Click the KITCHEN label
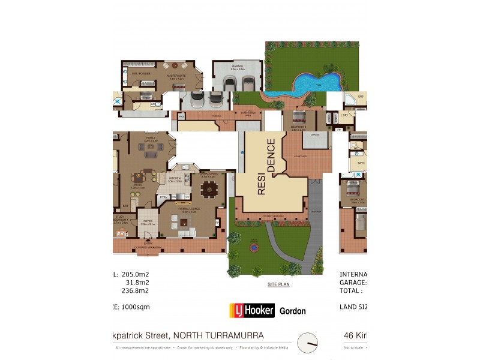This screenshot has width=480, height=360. (x=175, y=178)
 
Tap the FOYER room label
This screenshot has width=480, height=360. (x=147, y=221)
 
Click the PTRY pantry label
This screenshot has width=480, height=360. (x=163, y=197)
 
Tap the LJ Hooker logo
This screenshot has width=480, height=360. (x=252, y=310)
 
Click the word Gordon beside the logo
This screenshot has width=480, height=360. (x=293, y=311)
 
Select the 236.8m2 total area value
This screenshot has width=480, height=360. (x=135, y=290)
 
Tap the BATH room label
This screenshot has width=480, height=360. (x=361, y=163)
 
